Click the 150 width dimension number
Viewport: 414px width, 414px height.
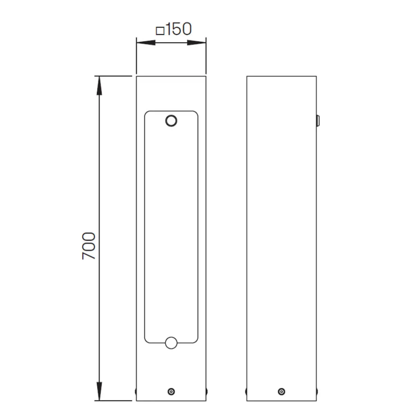pos(179,29)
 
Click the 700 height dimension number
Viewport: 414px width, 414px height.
pos(89,246)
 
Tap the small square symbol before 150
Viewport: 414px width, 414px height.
pos(160,31)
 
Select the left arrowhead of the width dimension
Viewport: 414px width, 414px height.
pos(146,42)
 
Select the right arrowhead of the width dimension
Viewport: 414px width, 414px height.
pos(197,42)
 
